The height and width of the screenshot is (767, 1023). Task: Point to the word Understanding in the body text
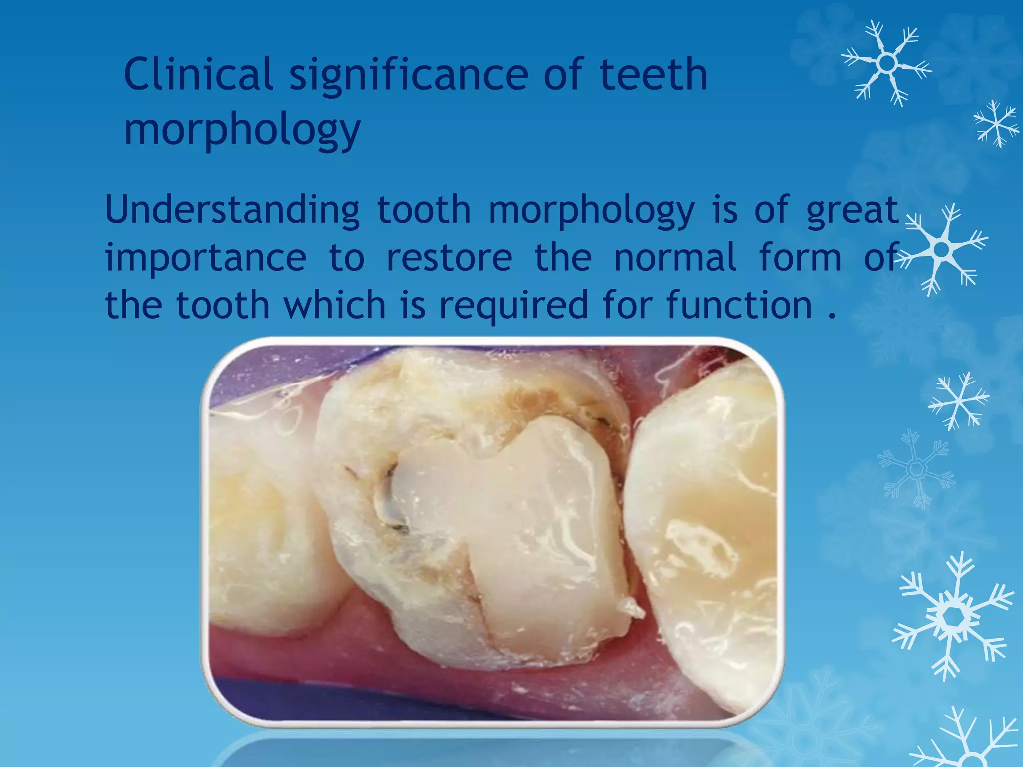[232, 210]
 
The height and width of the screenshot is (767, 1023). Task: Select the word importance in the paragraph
[206, 258]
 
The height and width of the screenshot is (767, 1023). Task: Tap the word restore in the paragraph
[449, 258]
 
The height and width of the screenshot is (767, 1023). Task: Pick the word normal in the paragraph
[675, 257]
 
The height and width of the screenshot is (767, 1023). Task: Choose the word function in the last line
[739, 305]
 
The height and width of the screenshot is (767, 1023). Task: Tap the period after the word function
[831, 315]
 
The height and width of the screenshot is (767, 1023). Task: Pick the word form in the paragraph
[800, 257]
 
